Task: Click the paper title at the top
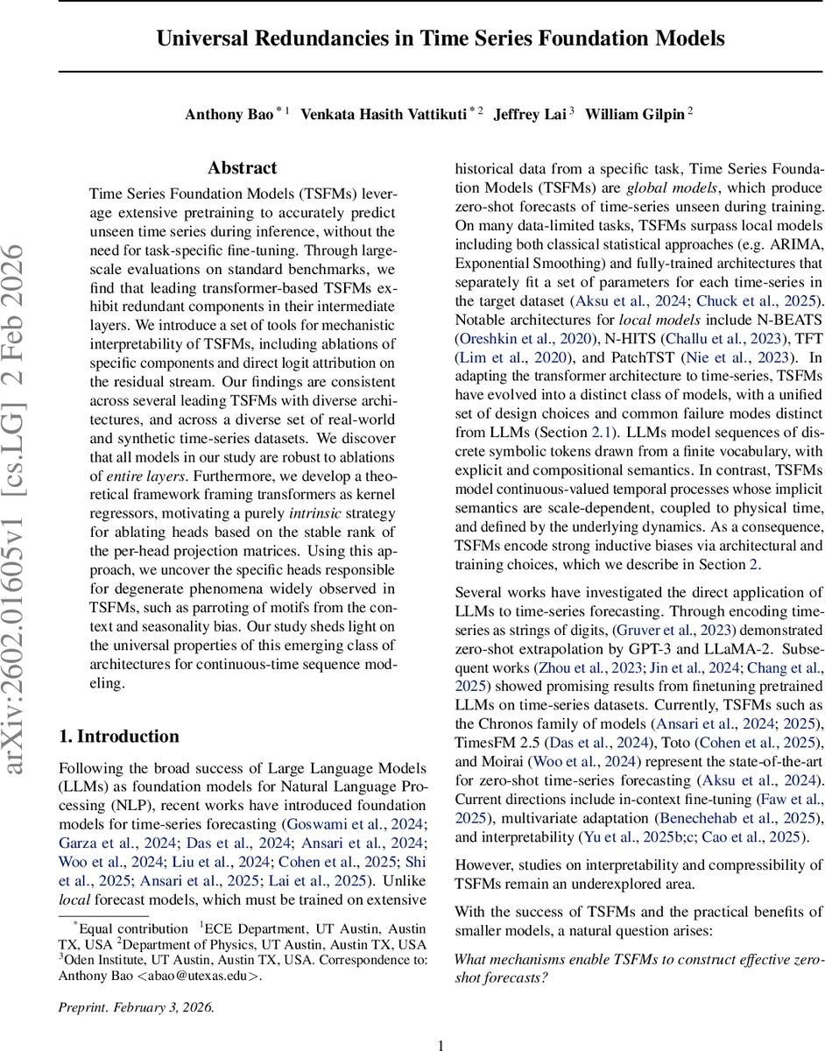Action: point(441,39)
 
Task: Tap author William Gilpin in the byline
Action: point(634,115)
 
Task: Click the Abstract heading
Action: point(242,167)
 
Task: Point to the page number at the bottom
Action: point(441,1044)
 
